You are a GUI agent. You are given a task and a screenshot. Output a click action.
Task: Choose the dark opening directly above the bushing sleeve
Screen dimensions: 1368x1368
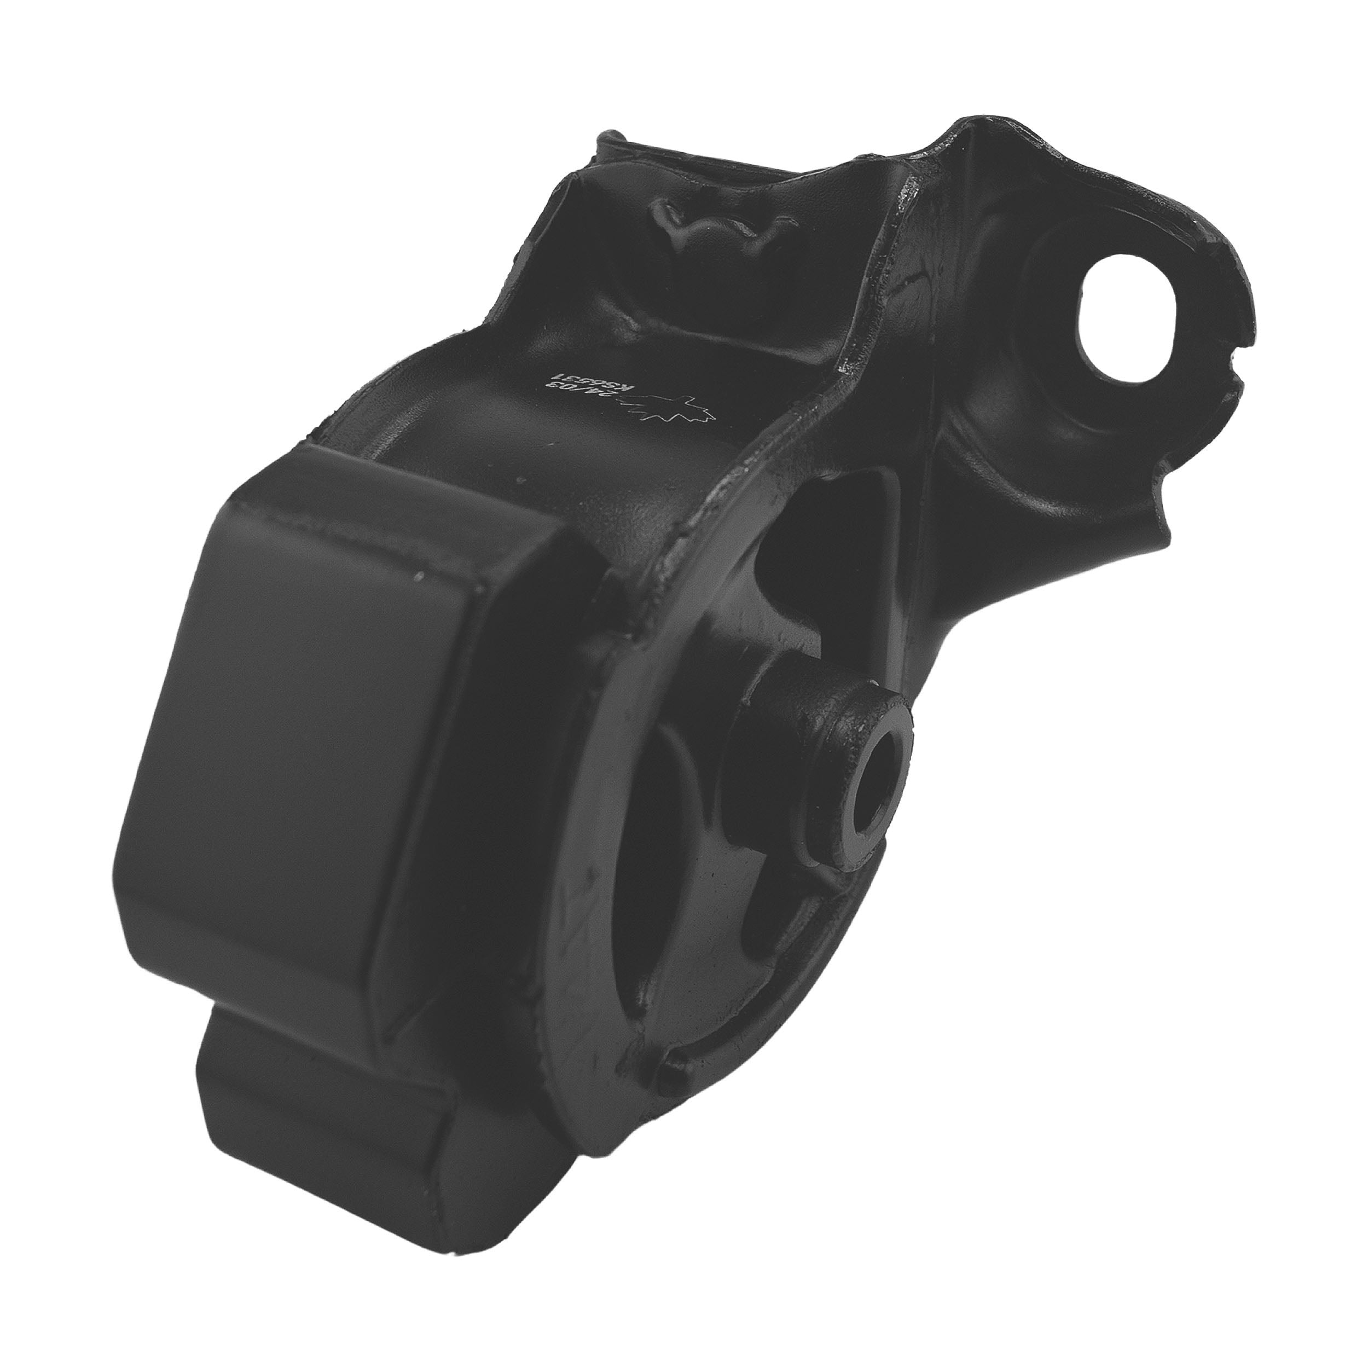(836, 538)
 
